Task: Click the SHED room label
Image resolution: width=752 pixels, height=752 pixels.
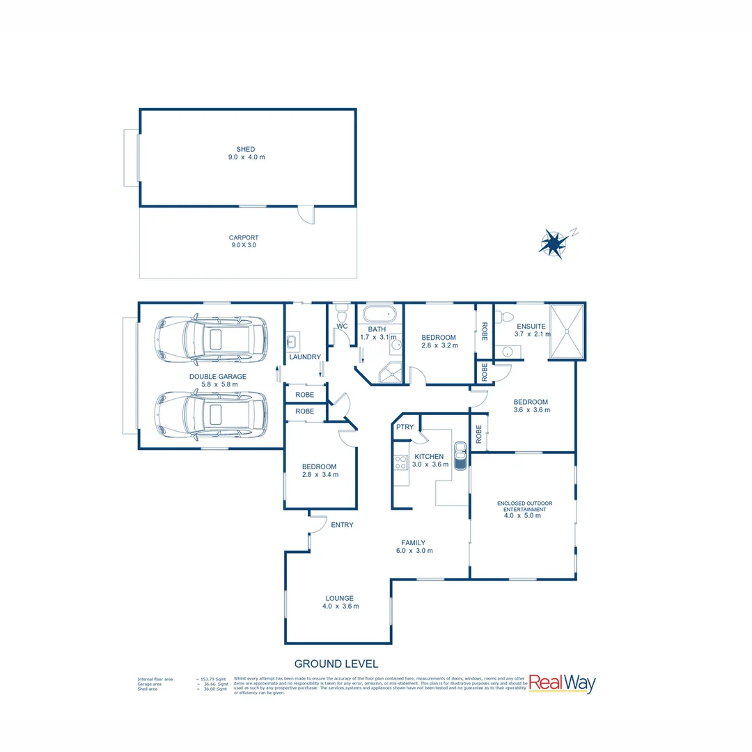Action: [245, 149]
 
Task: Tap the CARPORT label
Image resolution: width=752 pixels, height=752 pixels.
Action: [244, 237]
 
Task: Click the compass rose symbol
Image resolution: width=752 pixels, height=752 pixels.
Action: [554, 243]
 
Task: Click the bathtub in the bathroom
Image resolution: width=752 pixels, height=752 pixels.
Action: [379, 313]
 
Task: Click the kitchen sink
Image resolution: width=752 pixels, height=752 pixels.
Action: [460, 456]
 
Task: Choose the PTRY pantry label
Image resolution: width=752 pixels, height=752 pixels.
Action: [405, 427]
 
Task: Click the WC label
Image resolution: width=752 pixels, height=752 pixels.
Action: [342, 326]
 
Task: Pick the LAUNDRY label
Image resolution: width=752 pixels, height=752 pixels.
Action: [305, 357]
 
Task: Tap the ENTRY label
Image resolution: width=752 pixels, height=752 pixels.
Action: [342, 525]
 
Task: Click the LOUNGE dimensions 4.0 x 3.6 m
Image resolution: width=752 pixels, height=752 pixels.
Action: [340, 606]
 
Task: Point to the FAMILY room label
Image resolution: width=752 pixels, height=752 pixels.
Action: [413, 543]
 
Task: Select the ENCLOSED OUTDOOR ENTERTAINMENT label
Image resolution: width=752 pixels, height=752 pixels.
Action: [524, 506]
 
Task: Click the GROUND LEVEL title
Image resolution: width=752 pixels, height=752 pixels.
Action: [336, 664]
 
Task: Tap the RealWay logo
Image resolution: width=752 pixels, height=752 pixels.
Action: [562, 683]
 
